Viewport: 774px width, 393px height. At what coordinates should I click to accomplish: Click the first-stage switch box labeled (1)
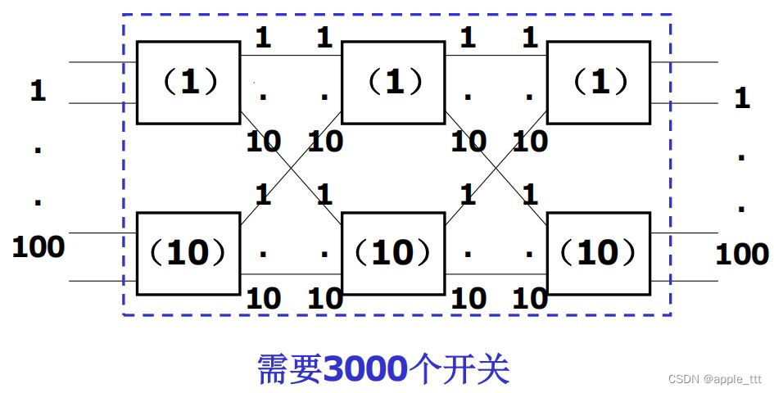point(188,82)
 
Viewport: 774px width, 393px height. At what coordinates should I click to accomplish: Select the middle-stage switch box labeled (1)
point(393,82)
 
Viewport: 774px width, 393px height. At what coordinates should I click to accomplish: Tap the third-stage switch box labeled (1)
point(599,82)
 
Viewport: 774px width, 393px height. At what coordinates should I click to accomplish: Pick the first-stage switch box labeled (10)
point(188,253)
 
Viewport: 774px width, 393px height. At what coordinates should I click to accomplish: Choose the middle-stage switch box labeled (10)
point(393,253)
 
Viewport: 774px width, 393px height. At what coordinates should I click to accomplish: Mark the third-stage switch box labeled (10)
point(599,253)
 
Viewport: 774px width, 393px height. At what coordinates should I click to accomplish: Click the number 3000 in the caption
point(364,370)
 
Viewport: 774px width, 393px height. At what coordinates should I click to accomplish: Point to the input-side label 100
point(38,246)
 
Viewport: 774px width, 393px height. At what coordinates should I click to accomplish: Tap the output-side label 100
point(741,254)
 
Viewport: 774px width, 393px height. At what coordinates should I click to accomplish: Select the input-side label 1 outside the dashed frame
point(38,90)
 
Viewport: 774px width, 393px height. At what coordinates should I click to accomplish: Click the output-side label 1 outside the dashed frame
point(741,98)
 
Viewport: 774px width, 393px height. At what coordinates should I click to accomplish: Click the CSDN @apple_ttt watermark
point(714,379)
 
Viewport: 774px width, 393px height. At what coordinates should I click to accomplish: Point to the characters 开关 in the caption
point(484,370)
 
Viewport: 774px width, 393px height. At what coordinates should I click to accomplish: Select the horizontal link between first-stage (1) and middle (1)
point(291,55)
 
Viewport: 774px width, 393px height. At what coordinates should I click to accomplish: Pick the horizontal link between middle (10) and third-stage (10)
point(496,273)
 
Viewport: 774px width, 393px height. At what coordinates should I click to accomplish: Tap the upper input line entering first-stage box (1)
point(102,61)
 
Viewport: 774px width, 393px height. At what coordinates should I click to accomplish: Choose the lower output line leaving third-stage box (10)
point(684,281)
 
